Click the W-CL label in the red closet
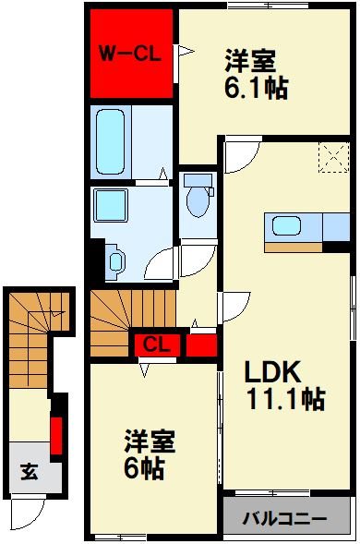tap(131, 54)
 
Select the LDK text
tap(273, 371)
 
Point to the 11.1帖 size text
tap(283, 400)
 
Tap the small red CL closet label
tap(156, 345)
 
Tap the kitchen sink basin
tap(285, 225)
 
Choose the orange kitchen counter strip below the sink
tap(293, 246)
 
